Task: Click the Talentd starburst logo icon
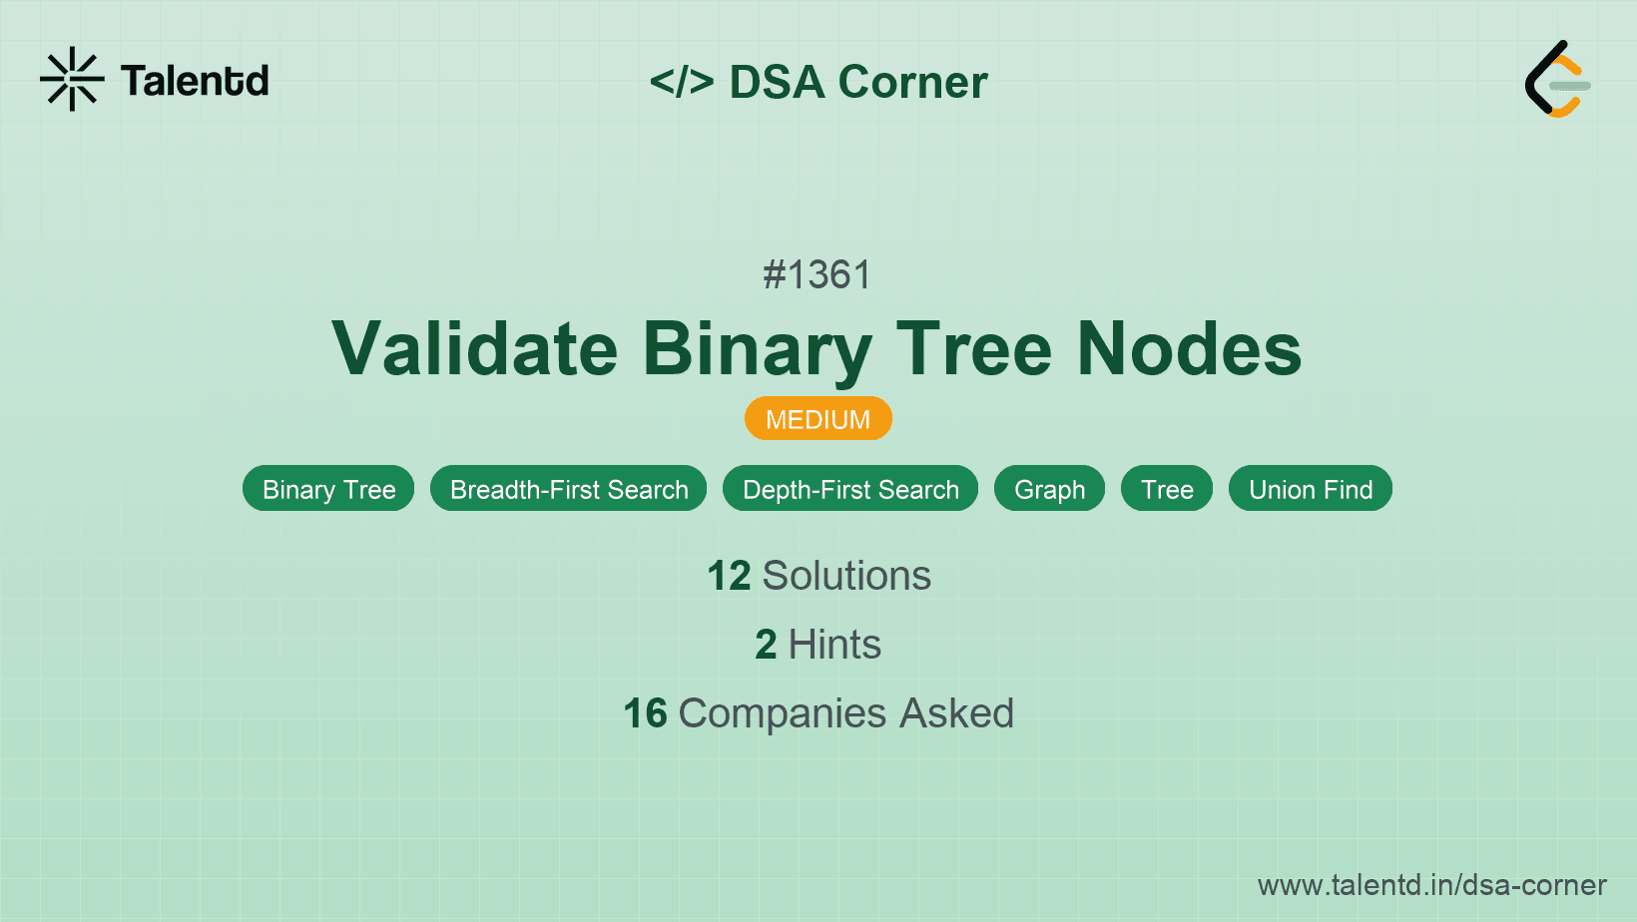coord(72,79)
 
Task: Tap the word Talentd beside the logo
coord(195,81)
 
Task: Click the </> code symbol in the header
coord(681,82)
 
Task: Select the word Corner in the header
coord(913,82)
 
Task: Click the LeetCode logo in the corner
coord(1557,79)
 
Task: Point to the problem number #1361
coord(818,274)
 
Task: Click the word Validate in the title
coord(475,349)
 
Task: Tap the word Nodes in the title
coord(1189,349)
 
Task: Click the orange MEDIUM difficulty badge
coord(818,419)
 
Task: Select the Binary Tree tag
coord(328,489)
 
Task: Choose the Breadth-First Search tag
coord(569,489)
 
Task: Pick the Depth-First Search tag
coord(850,489)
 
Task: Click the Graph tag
coord(1049,489)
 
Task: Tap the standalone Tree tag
coord(1167,489)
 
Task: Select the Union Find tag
coord(1311,489)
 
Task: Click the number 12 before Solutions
coord(729,576)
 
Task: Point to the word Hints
coord(834,645)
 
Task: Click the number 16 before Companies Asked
coord(645,713)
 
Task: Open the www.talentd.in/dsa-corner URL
coord(1431,885)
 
